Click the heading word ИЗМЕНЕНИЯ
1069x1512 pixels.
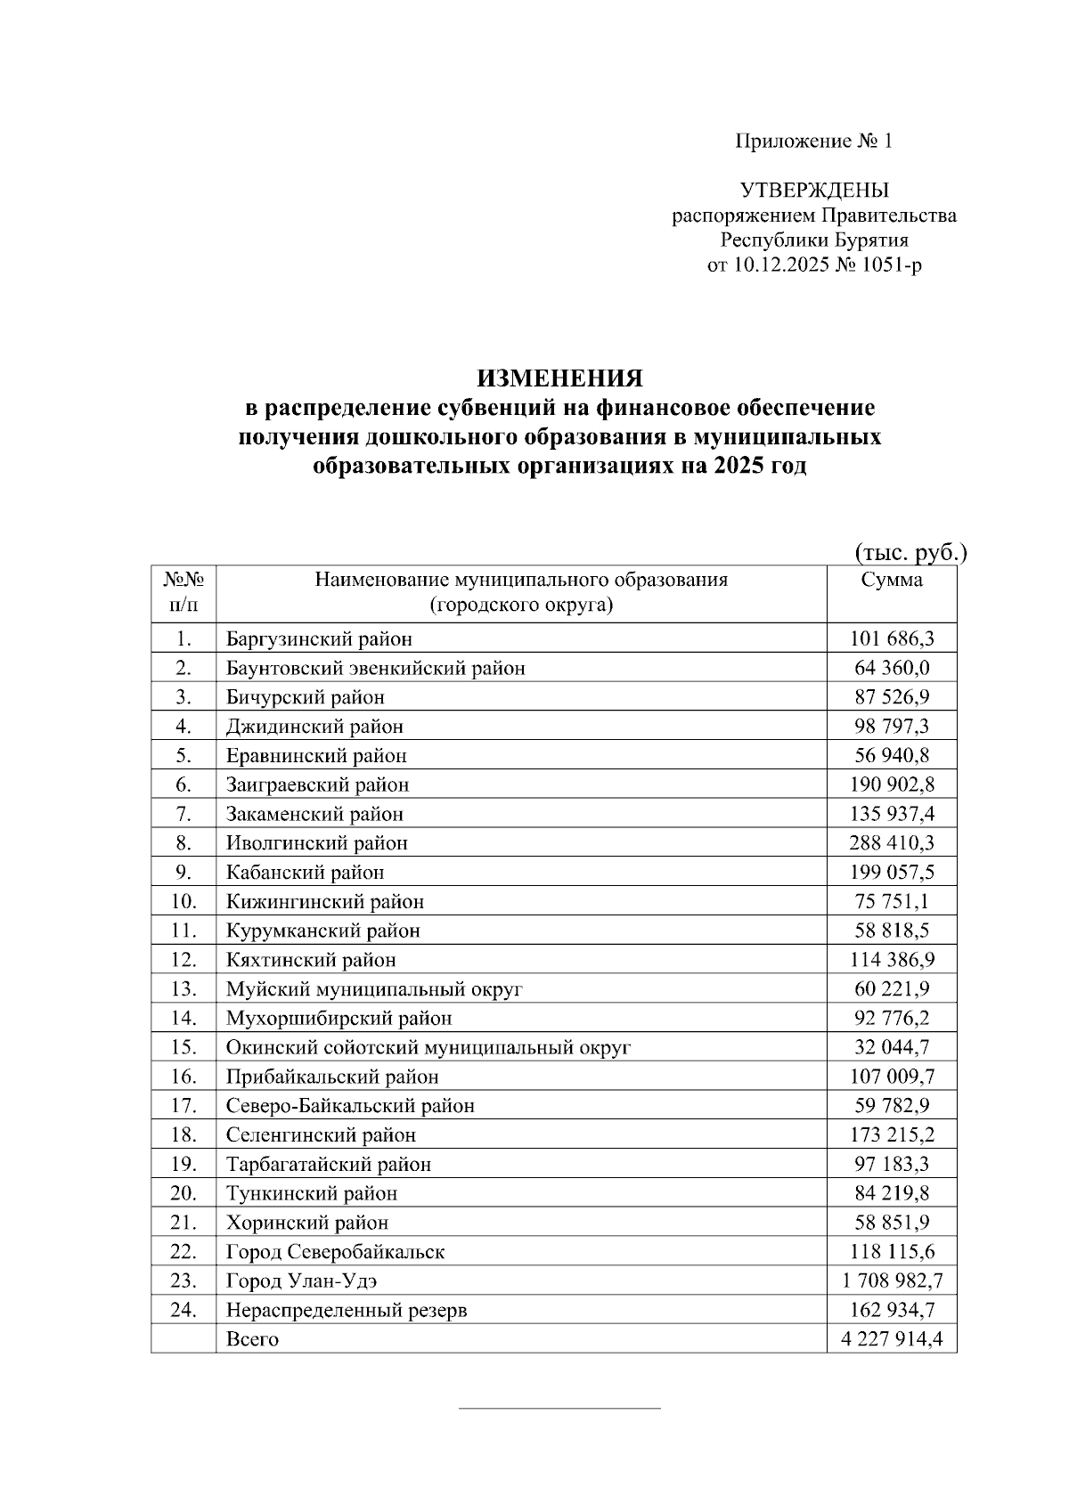[x=559, y=378]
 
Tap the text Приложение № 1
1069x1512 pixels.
[x=812, y=141]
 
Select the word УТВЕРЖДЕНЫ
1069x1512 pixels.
[x=814, y=191]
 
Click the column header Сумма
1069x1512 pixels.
[x=892, y=581]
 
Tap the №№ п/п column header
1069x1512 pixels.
[x=184, y=593]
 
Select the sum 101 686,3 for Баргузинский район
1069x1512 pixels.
[x=892, y=638]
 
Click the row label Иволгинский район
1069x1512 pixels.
[x=316, y=842]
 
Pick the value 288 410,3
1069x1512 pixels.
[x=892, y=842]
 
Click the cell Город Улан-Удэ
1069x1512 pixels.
[x=307, y=1280]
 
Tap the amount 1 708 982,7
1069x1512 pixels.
[x=892, y=1280]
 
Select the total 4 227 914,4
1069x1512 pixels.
[x=892, y=1339]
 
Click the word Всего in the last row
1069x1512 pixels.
[x=252, y=1339]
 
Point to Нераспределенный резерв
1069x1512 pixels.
[x=347, y=1310]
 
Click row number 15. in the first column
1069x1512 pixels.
[x=184, y=1047]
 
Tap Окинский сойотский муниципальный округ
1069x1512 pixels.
[x=428, y=1047]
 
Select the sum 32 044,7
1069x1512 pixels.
[x=892, y=1047]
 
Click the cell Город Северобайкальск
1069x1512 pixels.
[x=335, y=1252]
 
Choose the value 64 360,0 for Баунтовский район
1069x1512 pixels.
[x=892, y=668]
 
